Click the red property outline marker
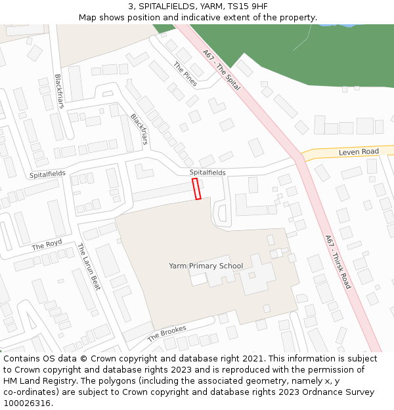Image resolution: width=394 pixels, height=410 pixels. pos(196,189)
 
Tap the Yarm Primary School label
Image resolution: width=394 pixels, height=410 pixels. pos(206,266)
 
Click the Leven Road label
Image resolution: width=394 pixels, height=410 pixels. pos(359,152)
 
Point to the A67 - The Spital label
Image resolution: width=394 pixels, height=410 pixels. pos(221,70)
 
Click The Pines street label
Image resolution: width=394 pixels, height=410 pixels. pos(185,75)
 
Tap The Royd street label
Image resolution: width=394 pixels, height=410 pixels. pos(47,245)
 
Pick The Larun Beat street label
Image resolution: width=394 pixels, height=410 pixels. pos(88,266)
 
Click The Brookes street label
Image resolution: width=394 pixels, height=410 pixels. pos(167,333)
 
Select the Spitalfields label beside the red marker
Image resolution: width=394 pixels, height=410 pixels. pos(208,173)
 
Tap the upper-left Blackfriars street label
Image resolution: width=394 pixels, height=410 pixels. pos(60,91)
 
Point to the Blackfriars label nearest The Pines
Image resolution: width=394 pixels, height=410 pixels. pos(139,129)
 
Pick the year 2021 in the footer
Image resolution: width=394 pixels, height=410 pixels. pos(253,359)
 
